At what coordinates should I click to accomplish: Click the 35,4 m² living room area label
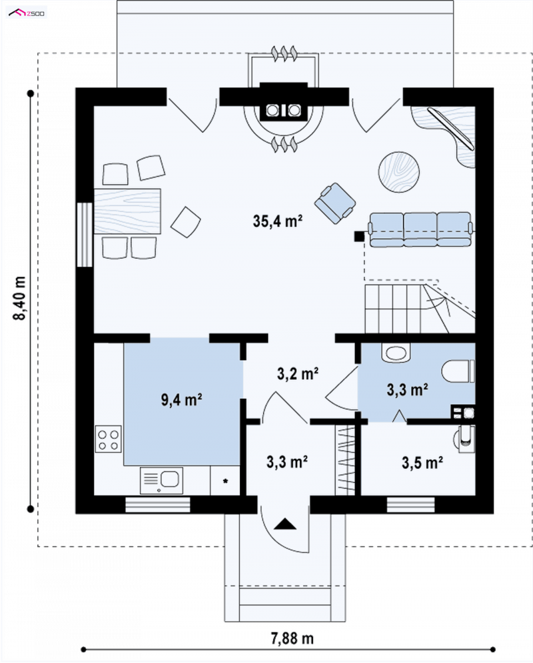coord(277,221)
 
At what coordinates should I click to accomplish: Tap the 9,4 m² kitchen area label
coord(182,399)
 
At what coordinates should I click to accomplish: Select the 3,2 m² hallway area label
coord(297,374)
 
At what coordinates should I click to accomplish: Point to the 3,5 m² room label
coord(422,463)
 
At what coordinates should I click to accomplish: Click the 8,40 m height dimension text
coord(20,299)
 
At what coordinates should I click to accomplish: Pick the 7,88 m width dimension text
coord(292,638)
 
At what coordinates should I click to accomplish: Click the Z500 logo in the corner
coord(26,13)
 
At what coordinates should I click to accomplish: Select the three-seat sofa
coord(420,229)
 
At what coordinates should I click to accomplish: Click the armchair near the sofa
coord(335,203)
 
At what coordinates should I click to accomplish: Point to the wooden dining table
coord(127,211)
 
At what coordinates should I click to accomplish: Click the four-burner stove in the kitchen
coord(108,439)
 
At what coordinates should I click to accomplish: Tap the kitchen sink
coord(161,480)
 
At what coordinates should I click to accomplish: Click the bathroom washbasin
coord(396,354)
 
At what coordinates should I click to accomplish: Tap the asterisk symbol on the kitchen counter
coord(226,481)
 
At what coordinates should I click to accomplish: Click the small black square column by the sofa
coord(359,236)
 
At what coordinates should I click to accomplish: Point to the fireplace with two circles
coord(283,110)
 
